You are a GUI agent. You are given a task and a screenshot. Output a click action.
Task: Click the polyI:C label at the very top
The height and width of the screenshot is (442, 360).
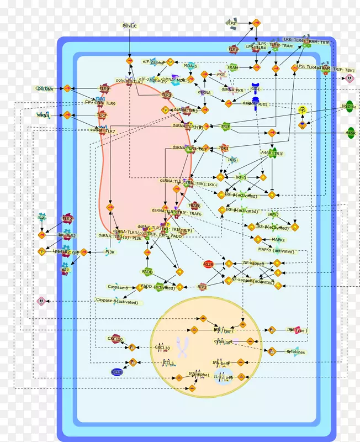point(129,25)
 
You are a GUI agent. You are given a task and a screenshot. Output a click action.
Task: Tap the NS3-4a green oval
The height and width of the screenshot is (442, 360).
point(349,107)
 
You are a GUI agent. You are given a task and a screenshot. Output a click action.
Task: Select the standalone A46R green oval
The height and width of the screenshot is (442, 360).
point(351,133)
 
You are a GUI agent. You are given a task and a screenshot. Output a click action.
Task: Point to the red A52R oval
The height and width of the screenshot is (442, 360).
point(209,264)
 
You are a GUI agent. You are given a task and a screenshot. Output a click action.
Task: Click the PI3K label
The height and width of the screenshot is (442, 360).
point(110,252)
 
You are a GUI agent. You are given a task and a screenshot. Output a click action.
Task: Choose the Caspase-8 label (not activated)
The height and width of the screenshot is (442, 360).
point(118,287)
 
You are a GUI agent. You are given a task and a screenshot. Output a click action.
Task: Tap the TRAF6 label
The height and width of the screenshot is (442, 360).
point(194,205)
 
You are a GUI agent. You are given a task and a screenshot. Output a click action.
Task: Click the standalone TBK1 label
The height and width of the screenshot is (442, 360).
point(224,148)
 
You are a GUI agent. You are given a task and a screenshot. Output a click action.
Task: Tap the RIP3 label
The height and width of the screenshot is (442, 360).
point(202,287)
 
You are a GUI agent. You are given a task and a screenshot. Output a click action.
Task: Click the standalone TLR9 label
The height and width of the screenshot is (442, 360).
point(104,88)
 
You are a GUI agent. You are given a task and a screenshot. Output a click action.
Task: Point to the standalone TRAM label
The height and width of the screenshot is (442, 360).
point(233,67)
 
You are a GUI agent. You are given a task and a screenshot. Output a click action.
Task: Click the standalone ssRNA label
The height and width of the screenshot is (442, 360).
point(43,115)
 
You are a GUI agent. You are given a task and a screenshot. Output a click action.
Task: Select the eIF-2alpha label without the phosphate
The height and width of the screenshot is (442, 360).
point(153,62)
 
